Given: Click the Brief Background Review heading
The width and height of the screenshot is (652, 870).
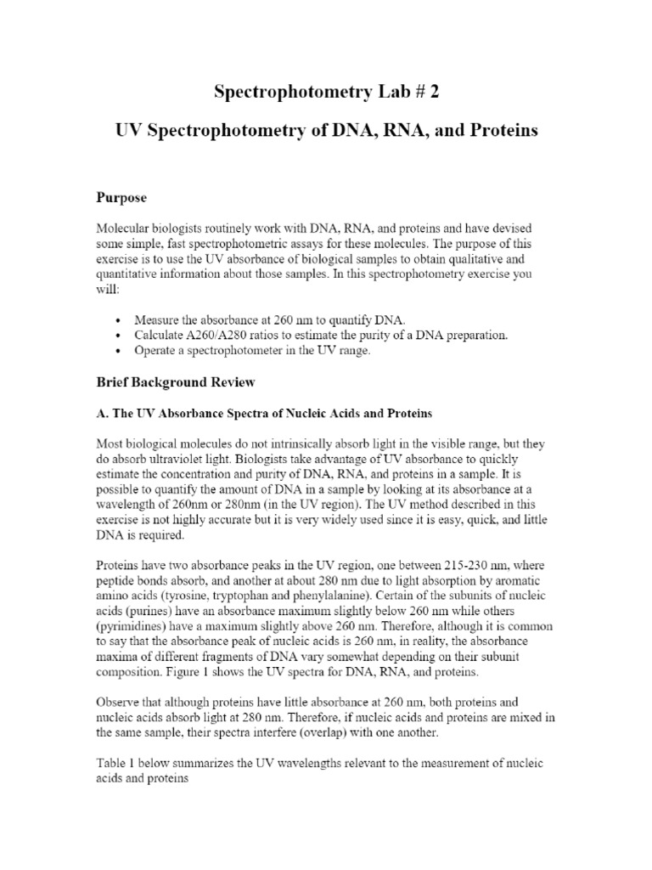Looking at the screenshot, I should tap(173, 382).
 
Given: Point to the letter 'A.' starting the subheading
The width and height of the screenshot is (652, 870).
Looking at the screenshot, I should tap(99, 414).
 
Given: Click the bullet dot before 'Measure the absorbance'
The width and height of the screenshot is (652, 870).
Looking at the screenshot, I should tap(116, 320).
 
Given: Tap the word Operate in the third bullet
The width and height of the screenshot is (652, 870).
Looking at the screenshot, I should tap(156, 351).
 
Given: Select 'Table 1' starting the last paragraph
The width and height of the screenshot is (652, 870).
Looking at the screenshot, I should tap(113, 764).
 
